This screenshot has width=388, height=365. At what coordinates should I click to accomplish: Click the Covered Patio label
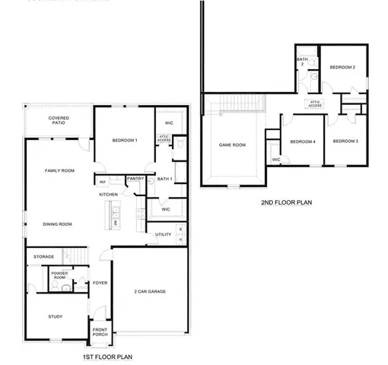click(59, 121)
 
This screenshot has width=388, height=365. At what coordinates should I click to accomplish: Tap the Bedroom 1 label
click(125, 141)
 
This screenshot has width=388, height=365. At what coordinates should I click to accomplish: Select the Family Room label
click(58, 171)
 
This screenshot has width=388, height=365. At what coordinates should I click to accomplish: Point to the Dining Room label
click(57, 224)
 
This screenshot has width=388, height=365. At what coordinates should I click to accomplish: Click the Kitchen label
click(108, 195)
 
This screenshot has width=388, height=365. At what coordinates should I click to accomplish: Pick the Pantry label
click(135, 179)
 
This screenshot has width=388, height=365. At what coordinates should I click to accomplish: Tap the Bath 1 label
click(165, 179)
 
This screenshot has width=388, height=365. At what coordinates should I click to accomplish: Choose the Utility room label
click(163, 234)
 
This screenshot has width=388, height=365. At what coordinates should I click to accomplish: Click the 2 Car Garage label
click(150, 292)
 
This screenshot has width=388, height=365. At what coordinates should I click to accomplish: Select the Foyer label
click(100, 283)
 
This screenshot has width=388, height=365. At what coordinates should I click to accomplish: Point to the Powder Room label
click(59, 275)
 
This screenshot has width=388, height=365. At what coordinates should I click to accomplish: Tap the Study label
click(55, 316)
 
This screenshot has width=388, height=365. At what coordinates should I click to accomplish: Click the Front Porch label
click(100, 332)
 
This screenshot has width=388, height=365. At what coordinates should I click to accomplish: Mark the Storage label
click(43, 256)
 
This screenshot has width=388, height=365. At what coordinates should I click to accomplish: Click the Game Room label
click(233, 144)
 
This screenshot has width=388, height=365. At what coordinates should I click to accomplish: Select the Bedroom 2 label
click(342, 68)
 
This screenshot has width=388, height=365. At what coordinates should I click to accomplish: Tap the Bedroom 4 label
click(302, 141)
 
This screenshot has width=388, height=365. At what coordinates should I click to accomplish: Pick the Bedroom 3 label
click(345, 141)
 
